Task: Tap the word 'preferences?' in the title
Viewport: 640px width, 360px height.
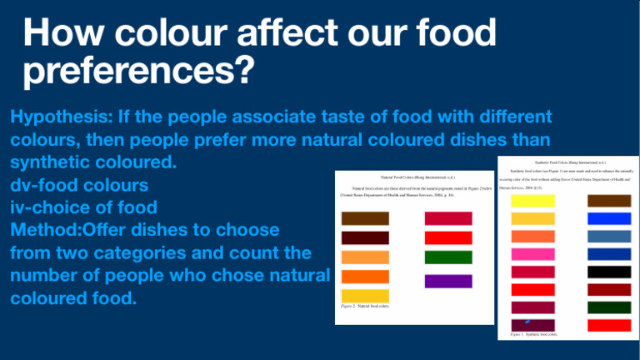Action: pos(135,76)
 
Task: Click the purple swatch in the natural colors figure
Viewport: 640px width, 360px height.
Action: pos(448,281)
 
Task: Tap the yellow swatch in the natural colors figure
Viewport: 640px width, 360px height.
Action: pos(365,296)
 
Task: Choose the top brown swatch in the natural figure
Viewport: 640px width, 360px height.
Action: pos(365,218)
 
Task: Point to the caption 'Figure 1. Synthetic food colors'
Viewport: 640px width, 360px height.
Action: pos(534,335)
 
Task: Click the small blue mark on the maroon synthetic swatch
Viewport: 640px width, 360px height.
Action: pos(526,321)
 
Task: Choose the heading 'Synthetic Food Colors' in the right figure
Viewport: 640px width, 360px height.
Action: pos(575,161)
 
